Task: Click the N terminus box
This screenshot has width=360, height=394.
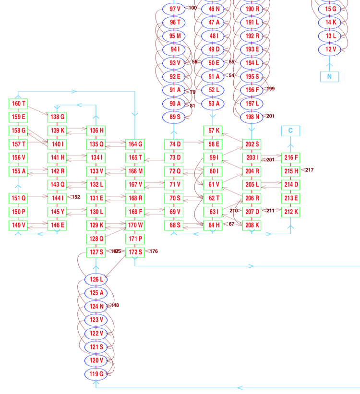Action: click(x=329, y=76)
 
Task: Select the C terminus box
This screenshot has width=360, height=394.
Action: click(x=290, y=131)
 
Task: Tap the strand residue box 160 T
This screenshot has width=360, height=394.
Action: click(x=18, y=104)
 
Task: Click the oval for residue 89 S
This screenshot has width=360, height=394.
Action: click(x=174, y=117)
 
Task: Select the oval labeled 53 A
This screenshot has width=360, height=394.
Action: click(x=213, y=103)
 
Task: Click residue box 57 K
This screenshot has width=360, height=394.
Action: click(x=213, y=131)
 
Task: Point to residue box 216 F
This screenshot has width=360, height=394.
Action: click(x=291, y=157)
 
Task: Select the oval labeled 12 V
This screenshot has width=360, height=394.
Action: click(x=330, y=49)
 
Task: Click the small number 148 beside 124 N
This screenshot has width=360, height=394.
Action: click(x=115, y=305)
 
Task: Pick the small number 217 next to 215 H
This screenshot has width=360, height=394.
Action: click(x=309, y=170)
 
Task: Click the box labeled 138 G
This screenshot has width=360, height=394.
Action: click(x=57, y=117)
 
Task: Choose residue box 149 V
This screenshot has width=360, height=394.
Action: click(x=18, y=225)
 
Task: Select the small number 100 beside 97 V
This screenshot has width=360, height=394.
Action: click(x=192, y=8)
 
